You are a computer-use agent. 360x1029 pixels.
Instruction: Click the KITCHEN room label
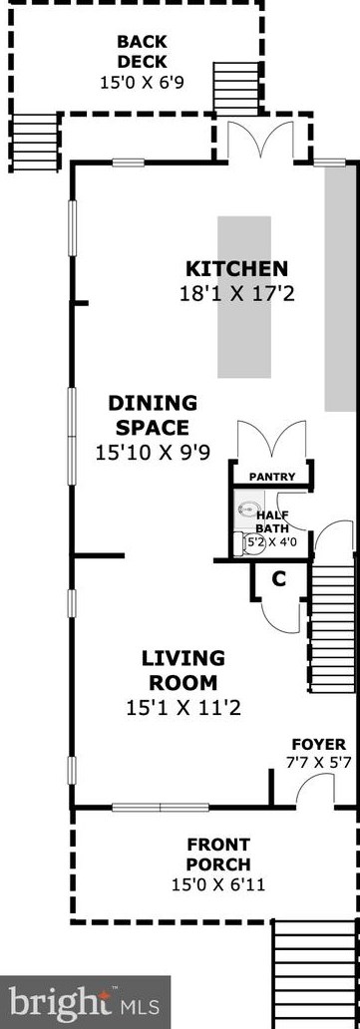[x=236, y=269]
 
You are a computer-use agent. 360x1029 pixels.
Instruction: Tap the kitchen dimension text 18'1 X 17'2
[x=236, y=293]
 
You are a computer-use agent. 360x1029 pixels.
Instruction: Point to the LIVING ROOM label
[x=183, y=670]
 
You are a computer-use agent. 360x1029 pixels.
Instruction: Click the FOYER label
[x=318, y=745]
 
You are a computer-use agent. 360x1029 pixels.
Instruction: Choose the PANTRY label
[x=272, y=477]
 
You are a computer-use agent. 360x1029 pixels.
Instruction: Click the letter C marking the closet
[x=279, y=579]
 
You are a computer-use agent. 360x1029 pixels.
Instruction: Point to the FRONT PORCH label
[x=218, y=854]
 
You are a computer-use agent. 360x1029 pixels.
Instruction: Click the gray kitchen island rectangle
[x=244, y=297]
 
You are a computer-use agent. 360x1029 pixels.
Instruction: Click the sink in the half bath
[x=247, y=508]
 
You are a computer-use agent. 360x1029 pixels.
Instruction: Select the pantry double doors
[x=271, y=440]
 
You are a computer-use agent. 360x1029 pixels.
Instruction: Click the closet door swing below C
[x=281, y=615]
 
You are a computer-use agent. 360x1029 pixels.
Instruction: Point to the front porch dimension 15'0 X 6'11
[x=218, y=885]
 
